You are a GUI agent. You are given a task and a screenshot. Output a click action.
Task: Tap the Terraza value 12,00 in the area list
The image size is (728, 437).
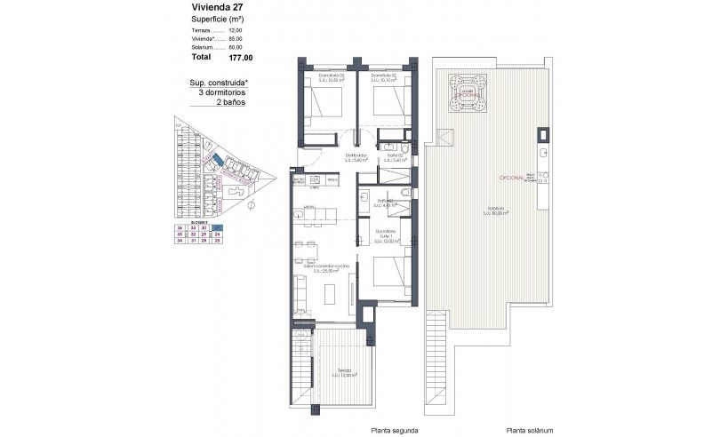click(236, 30)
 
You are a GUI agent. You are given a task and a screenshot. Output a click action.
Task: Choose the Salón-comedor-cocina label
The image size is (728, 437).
click(326, 266)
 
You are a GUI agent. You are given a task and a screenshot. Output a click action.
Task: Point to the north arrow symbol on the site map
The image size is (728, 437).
click(252, 205)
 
